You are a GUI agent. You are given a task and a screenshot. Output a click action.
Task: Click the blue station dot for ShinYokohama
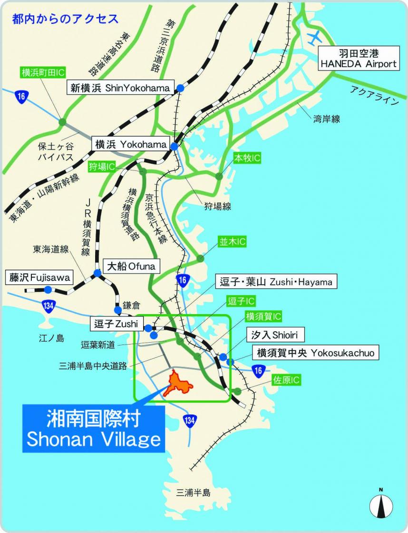(181, 88)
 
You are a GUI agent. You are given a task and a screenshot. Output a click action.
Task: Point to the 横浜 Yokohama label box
(130, 144)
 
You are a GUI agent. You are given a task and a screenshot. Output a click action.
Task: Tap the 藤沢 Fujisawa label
(38, 277)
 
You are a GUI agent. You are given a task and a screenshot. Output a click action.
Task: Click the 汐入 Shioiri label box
(275, 335)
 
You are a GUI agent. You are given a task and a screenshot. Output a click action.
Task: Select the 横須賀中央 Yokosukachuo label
(316, 353)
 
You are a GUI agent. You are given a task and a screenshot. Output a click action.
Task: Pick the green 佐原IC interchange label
(286, 380)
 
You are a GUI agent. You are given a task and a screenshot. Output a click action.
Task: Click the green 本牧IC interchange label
(247, 158)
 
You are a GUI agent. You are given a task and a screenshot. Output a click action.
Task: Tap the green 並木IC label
(232, 242)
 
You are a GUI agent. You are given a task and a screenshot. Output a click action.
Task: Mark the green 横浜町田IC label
(43, 73)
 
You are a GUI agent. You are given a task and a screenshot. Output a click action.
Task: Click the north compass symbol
(381, 505)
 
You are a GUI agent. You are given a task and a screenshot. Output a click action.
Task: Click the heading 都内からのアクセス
(66, 19)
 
